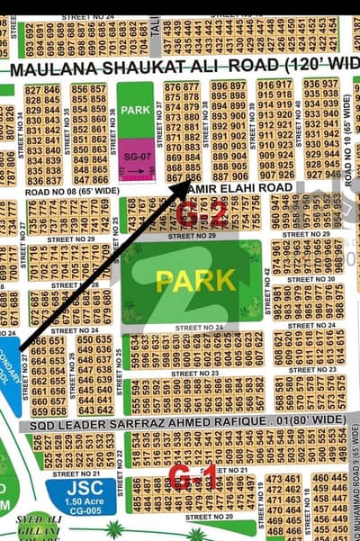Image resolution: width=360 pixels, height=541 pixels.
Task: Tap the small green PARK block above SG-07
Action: point(135,112)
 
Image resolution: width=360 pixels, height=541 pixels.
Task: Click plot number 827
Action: point(33,90)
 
